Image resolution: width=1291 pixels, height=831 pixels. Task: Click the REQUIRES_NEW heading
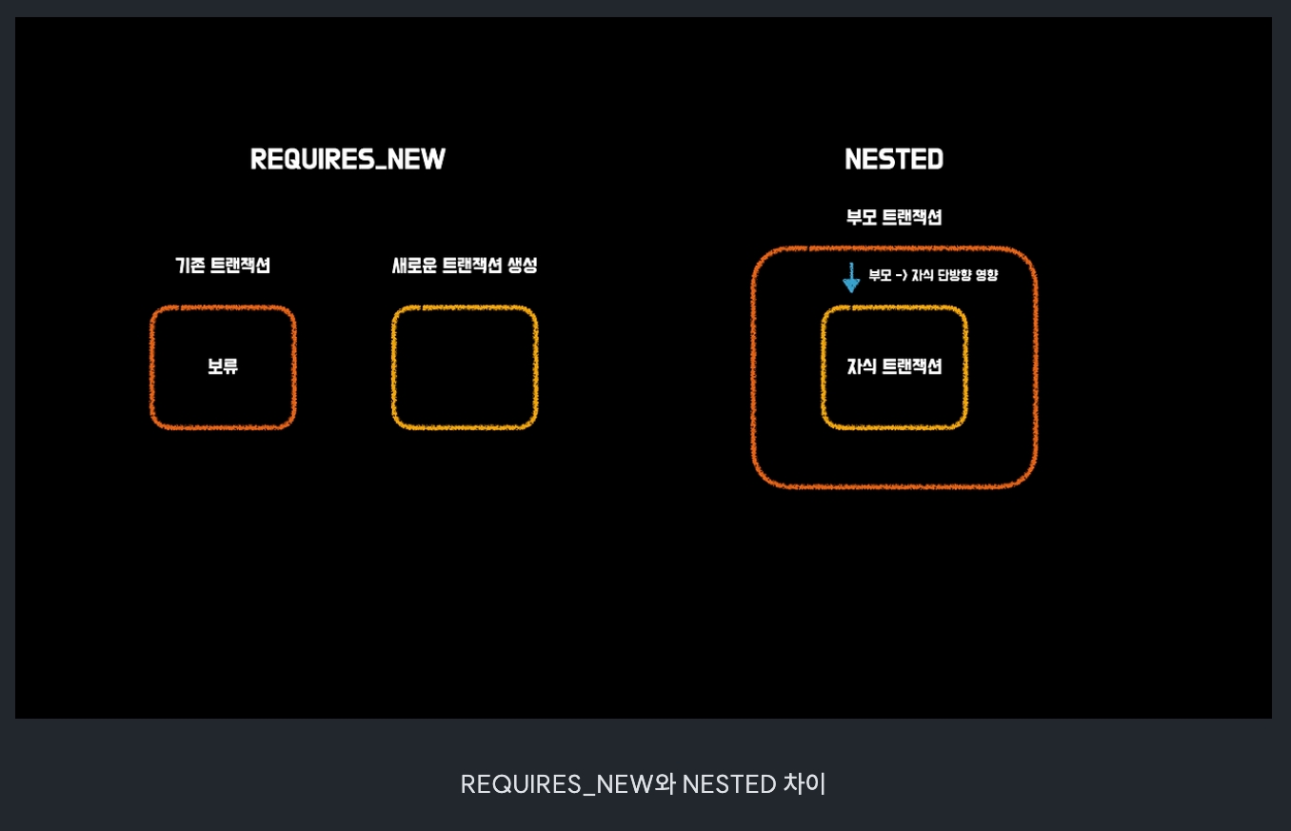348,159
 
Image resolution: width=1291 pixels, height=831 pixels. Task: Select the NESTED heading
894,159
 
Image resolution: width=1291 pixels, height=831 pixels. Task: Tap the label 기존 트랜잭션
223,266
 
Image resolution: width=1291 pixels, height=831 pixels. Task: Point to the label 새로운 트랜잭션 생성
465,266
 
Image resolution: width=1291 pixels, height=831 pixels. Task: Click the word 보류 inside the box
223,366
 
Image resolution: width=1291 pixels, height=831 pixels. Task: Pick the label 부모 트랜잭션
894,217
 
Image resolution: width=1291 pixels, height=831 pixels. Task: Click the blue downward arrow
851,277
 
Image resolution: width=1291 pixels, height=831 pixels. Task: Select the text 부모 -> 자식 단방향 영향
933,275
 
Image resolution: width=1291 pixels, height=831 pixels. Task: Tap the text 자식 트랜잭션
894,366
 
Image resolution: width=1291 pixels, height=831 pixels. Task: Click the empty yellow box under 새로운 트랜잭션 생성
465,367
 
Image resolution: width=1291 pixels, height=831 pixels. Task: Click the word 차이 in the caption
804,783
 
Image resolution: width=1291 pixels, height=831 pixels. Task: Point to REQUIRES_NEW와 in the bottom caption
567,783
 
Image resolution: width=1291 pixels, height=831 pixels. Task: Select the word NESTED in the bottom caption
729,783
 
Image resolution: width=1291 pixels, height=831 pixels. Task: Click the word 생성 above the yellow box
522,266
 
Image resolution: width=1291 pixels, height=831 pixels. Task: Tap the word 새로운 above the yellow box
415,266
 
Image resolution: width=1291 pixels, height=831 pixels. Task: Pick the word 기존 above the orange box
190,266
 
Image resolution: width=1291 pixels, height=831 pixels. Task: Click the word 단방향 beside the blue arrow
954,275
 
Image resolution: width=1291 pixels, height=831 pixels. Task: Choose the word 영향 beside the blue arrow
986,275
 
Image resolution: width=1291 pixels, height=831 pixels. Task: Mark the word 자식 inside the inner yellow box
863,366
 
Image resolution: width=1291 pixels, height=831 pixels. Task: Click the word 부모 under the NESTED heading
861,217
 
